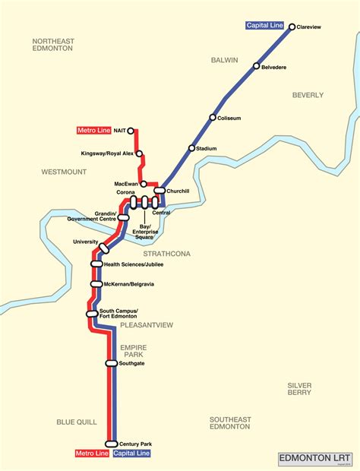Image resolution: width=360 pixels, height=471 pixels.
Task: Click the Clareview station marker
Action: click(292, 27)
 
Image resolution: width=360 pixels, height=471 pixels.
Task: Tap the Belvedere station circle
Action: click(257, 66)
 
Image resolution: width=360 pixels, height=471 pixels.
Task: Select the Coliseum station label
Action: click(229, 118)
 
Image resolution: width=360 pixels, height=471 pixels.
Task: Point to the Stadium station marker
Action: click(192, 148)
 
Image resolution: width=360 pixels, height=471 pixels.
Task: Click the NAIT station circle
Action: click(131, 131)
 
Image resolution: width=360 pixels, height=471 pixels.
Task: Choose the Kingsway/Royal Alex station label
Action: click(107, 153)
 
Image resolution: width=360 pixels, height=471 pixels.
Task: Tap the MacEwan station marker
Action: click(144, 184)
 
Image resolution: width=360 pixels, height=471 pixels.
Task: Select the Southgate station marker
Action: click(112, 363)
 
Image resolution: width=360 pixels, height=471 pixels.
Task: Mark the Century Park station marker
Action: click(112, 444)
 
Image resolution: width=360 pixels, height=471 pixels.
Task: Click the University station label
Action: click(86, 242)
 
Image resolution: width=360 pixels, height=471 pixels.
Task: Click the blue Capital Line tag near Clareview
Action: click(264, 26)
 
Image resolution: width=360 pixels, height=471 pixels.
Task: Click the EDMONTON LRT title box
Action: click(316, 458)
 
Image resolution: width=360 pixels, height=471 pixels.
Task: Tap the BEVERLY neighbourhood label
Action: click(308, 96)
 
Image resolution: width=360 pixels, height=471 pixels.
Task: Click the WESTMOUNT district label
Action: click(64, 172)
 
